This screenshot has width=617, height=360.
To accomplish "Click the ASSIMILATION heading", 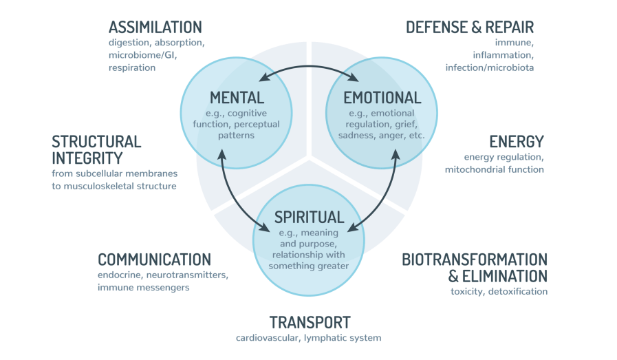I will click(155, 28).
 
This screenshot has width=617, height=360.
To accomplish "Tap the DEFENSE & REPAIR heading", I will click(470, 28).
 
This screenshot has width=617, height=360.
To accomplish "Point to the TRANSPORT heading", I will click(310, 322).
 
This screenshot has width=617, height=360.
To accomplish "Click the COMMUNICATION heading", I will click(154, 260).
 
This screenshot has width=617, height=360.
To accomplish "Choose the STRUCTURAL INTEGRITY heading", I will click(96, 150).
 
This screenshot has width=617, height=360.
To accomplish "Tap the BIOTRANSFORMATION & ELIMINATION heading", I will click(475, 268).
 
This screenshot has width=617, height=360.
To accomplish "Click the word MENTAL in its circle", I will click(237, 98).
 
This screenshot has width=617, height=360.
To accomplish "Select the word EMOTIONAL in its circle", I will click(382, 98).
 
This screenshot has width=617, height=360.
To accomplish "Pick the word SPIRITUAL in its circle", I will click(309, 218).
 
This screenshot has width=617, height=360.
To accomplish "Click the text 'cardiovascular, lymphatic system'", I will click(308, 338).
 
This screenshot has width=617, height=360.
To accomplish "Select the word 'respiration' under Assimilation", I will click(132, 67).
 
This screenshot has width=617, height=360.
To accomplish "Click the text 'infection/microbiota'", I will click(489, 67).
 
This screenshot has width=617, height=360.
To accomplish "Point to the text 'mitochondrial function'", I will click(494, 169).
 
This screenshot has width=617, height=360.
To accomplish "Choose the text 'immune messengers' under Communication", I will click(144, 287).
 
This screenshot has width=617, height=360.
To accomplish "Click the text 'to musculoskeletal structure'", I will click(114, 186).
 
